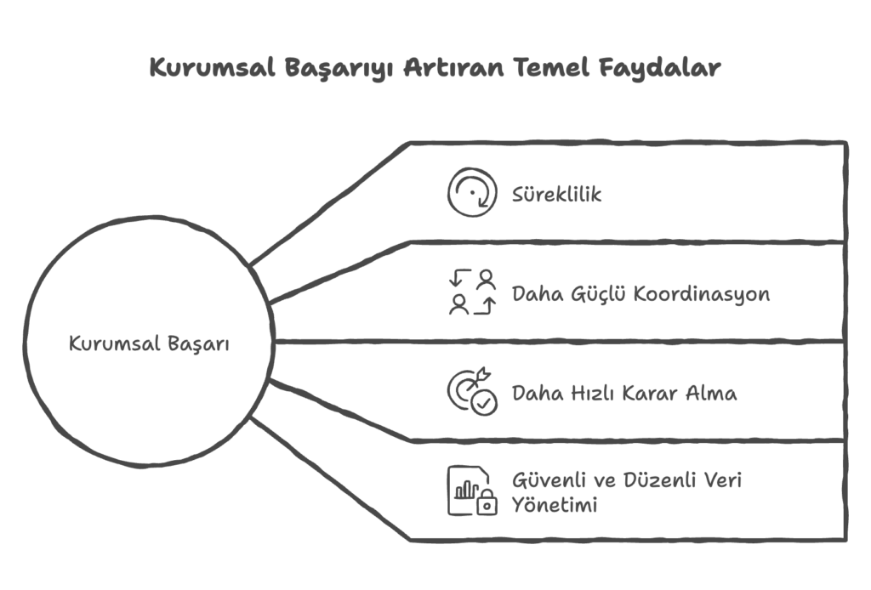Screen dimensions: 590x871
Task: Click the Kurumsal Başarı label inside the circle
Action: click(149, 344)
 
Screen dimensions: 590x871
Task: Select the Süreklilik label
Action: click(556, 195)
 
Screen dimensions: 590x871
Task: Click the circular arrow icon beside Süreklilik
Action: click(473, 194)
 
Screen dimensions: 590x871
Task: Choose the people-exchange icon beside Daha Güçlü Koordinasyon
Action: click(473, 292)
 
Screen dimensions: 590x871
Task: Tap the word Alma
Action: click(715, 393)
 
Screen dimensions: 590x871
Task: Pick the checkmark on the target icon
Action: click(486, 403)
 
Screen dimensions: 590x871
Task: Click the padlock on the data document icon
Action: click(487, 505)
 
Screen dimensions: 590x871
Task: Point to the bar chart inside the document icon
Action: click(465, 491)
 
